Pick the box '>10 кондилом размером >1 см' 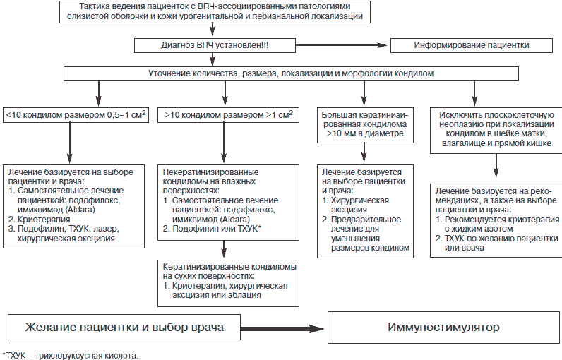click(x=229, y=113)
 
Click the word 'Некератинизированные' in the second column click(x=210, y=172)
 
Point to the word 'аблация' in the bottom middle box click(x=244, y=296)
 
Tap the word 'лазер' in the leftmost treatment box click(x=110, y=230)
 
